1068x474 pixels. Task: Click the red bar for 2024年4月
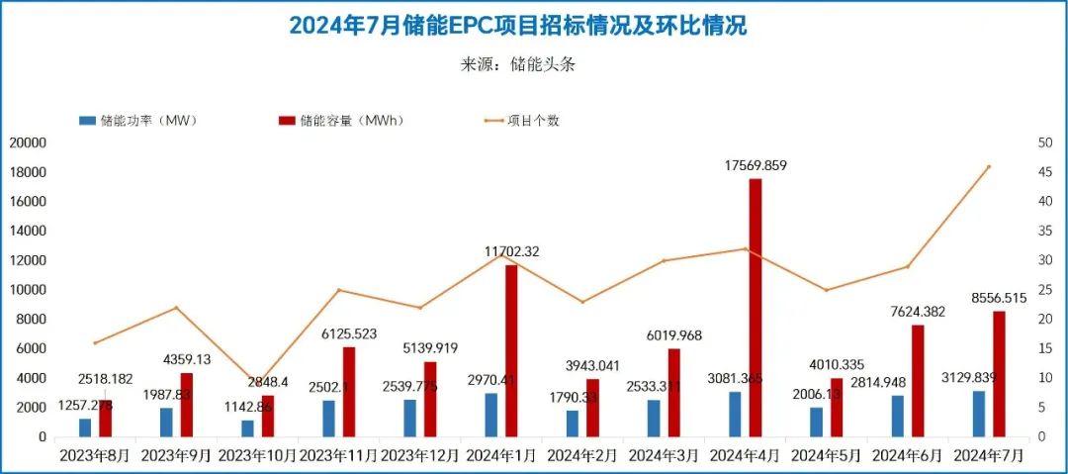click(x=756, y=307)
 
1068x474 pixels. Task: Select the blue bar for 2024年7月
click(x=979, y=414)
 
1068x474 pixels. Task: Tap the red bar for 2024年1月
click(x=511, y=350)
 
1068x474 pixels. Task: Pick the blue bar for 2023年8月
click(x=85, y=427)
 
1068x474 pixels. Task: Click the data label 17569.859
click(x=756, y=166)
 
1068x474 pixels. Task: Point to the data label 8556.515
click(x=999, y=298)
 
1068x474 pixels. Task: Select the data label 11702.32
click(x=511, y=251)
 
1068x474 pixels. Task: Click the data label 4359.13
click(x=186, y=358)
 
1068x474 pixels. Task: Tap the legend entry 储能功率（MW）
click(x=139, y=121)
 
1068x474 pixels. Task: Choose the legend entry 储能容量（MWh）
click(x=341, y=121)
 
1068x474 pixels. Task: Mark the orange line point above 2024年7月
click(x=989, y=166)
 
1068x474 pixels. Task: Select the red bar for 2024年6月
click(x=918, y=381)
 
